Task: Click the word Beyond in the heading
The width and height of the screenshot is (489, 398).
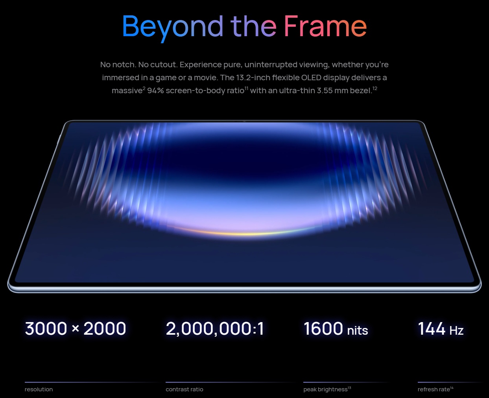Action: tap(172, 28)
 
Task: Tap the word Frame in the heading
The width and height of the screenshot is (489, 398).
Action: tap(325, 26)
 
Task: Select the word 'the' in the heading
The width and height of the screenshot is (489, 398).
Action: tap(253, 26)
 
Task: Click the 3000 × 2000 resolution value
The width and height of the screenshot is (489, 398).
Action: tap(76, 329)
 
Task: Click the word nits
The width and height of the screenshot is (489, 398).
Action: tap(358, 330)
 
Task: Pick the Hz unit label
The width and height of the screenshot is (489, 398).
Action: tap(457, 330)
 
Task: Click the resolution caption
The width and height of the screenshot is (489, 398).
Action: tap(39, 389)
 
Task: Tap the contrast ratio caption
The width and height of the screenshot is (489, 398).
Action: tap(185, 389)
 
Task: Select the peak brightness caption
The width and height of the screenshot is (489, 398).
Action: tap(325, 389)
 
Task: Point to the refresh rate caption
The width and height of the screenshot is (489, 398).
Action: tap(434, 389)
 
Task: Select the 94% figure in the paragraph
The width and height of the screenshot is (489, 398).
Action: tap(155, 91)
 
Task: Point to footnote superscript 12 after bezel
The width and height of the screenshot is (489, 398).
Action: tap(375, 88)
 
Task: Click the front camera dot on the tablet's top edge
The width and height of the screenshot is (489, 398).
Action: tap(244, 121)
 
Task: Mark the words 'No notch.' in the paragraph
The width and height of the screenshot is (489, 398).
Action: tap(118, 65)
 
